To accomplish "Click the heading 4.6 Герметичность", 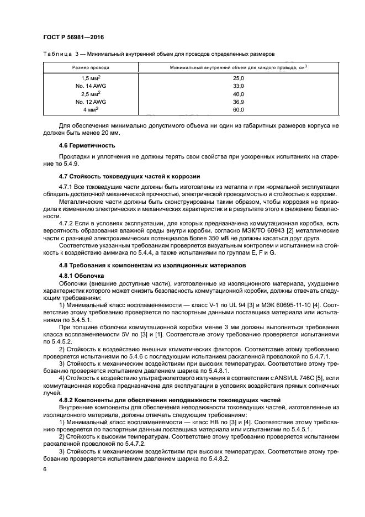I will (87, 145).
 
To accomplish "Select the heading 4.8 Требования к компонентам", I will (142, 265).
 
